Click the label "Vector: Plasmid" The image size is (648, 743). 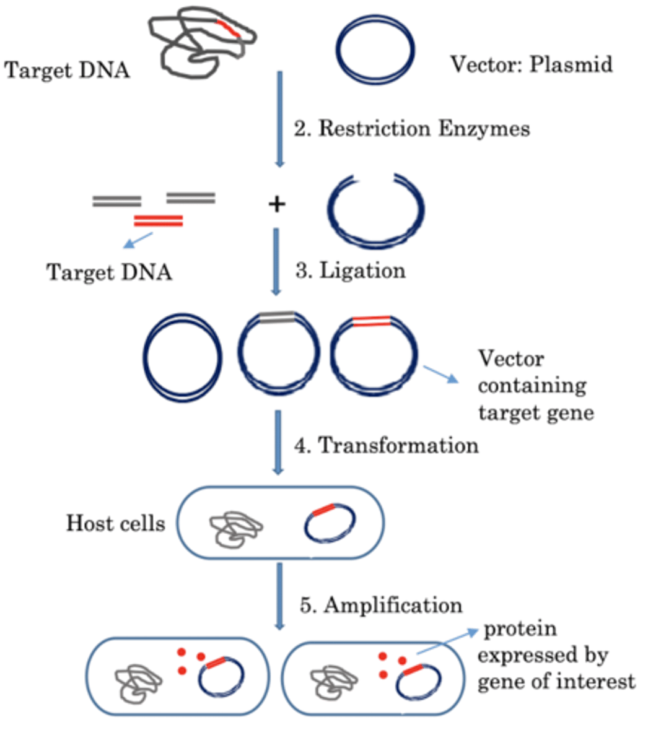tap(532, 64)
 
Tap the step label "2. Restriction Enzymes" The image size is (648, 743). tap(412, 129)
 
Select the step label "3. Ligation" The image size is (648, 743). tap(351, 271)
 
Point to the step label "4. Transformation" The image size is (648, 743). tap(387, 446)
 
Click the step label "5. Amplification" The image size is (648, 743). tap(381, 606)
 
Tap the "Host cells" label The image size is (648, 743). tap(115, 523)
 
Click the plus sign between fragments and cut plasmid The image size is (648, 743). tap(277, 204)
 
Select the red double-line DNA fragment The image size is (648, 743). tap(159, 221)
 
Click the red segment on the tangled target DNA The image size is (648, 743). tap(228, 28)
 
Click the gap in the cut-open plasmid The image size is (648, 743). tap(374, 177)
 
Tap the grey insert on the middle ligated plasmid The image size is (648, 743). tap(277, 317)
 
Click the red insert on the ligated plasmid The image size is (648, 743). tap(372, 321)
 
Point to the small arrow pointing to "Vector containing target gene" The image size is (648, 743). tap(441, 375)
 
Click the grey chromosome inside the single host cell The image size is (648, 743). tap(236, 529)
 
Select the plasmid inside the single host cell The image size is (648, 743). tap(305, 526)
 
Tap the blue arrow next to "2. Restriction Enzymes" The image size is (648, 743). tap(279, 119)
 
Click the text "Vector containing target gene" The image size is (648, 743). tap(536, 386)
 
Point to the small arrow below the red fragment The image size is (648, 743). tap(138, 240)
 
